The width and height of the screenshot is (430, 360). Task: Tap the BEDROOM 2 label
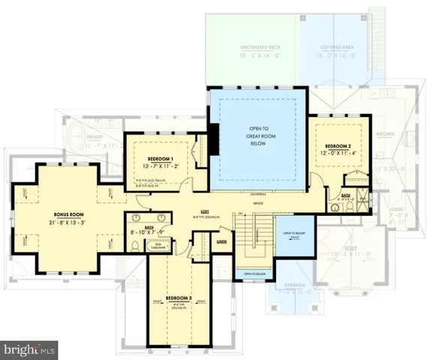tap(339, 145)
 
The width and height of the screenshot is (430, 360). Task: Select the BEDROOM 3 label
tap(179, 298)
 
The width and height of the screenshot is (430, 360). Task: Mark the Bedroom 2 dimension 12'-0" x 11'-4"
tap(339, 153)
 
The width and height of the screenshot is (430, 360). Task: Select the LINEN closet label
tap(222, 241)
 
